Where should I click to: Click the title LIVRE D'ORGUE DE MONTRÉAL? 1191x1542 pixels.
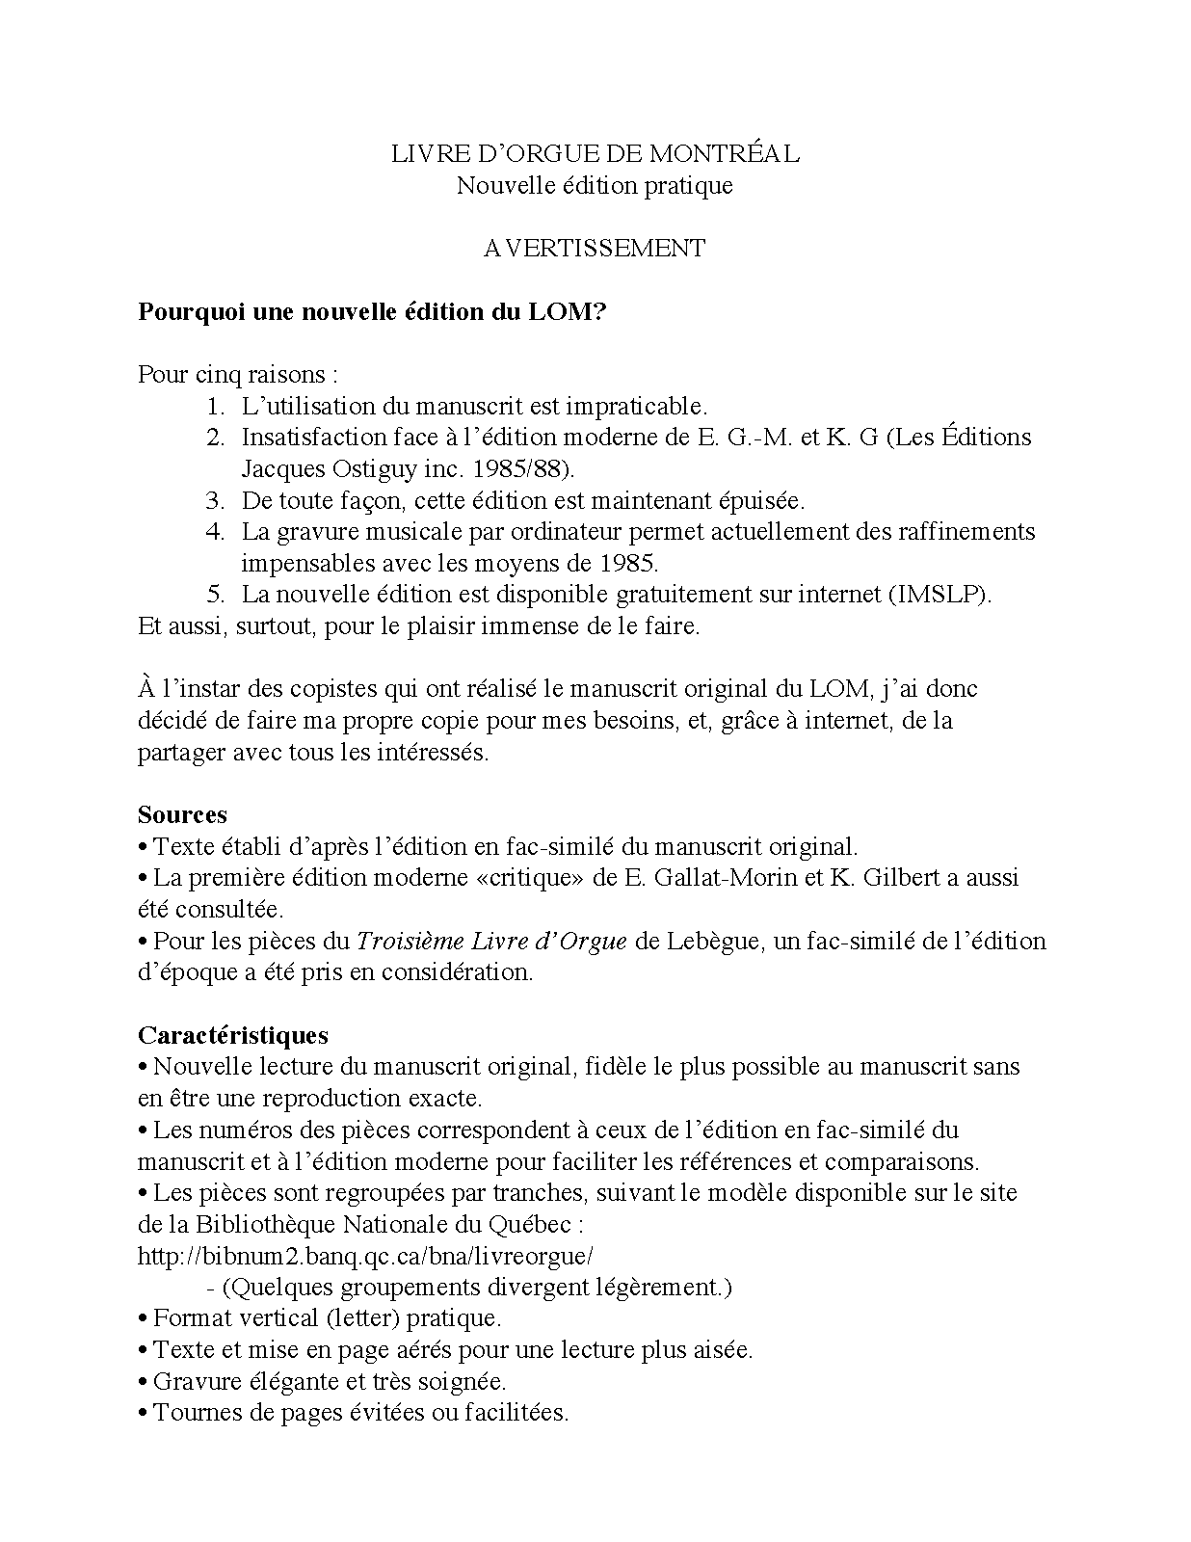[595, 153]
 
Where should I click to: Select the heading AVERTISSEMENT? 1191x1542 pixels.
[595, 248]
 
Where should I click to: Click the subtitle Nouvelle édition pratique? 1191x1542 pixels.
[595, 185]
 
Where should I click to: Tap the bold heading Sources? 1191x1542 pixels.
[182, 814]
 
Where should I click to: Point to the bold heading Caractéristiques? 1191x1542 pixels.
[232, 1035]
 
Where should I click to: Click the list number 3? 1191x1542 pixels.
[215, 500]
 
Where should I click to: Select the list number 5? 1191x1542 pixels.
[215, 594]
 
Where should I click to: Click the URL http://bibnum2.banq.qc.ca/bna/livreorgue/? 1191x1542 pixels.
[365, 1256]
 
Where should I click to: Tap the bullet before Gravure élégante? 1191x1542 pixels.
[144, 1382]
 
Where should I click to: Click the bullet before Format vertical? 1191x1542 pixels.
[144, 1318]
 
